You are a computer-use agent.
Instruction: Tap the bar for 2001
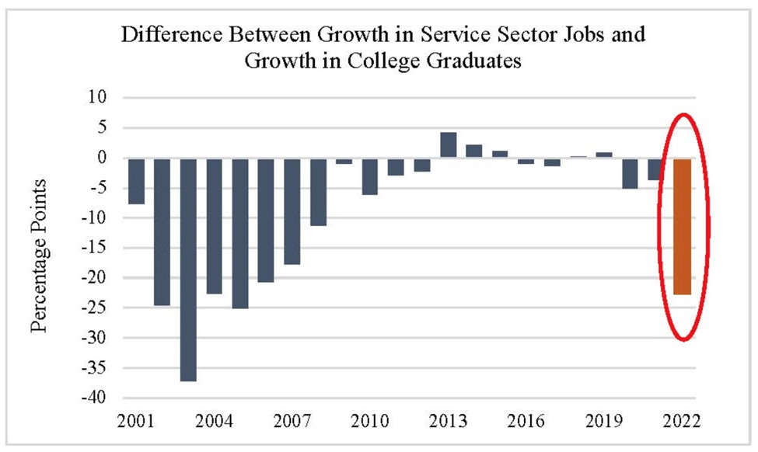point(136,181)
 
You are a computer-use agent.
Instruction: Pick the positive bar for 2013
point(448,145)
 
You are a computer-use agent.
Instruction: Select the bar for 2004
point(214,226)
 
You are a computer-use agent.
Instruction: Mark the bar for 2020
point(630,173)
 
